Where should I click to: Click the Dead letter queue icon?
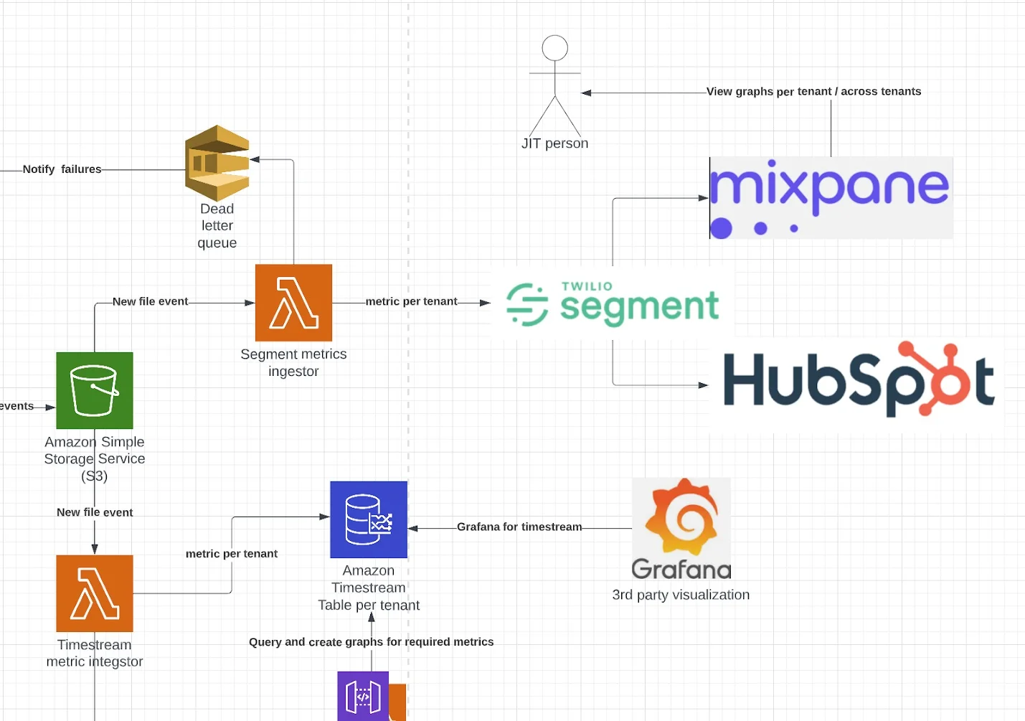217,163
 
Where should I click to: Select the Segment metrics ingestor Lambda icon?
293,303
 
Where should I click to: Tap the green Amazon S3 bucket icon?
95,390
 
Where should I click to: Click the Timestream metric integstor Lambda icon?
95,593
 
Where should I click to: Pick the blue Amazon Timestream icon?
369,519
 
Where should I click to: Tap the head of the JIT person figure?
554,48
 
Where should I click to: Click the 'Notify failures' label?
62,169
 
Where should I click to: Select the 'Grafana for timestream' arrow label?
519,527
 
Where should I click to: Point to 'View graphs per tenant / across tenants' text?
813,91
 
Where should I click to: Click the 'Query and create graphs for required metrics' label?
371,641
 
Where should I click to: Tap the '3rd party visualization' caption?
681,595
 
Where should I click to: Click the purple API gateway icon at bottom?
363,696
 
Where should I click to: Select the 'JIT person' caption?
554,143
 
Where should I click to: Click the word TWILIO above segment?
587,286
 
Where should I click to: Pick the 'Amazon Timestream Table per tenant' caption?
369,588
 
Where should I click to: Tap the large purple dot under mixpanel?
721,228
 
